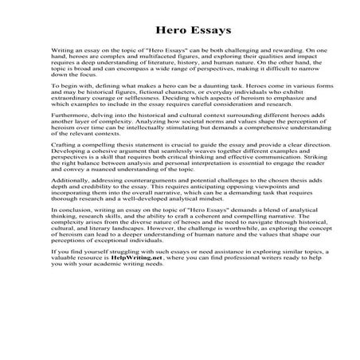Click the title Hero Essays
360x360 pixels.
click(179, 25)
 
